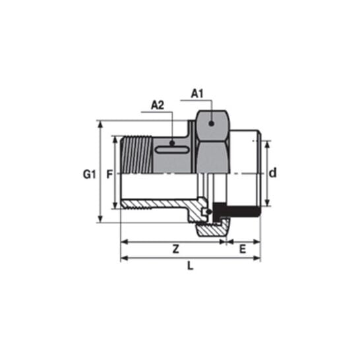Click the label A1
(x=197, y=94)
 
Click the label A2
(x=158, y=105)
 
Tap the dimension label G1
(x=89, y=175)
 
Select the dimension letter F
(x=109, y=175)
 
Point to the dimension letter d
(x=272, y=173)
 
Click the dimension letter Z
(x=175, y=249)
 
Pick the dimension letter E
(x=243, y=249)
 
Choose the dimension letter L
(x=191, y=266)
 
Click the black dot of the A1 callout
(x=212, y=123)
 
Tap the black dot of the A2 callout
(x=172, y=144)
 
